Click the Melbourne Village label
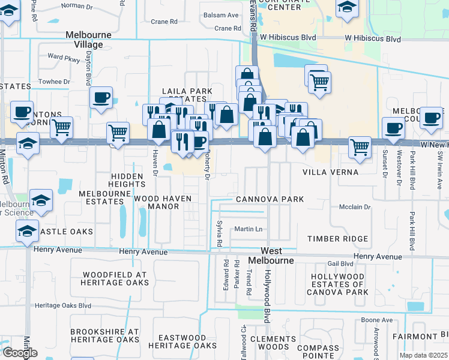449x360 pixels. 89,39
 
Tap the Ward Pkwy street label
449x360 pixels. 64,58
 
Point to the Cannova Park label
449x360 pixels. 270,199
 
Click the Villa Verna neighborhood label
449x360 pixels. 330,172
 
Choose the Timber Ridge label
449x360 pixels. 337,239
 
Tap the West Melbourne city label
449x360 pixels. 276,256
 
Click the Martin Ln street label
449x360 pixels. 249,229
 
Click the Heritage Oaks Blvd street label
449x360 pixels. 63,305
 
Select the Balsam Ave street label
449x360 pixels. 221,15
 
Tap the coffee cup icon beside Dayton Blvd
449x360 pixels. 101,97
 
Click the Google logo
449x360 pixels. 19,353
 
